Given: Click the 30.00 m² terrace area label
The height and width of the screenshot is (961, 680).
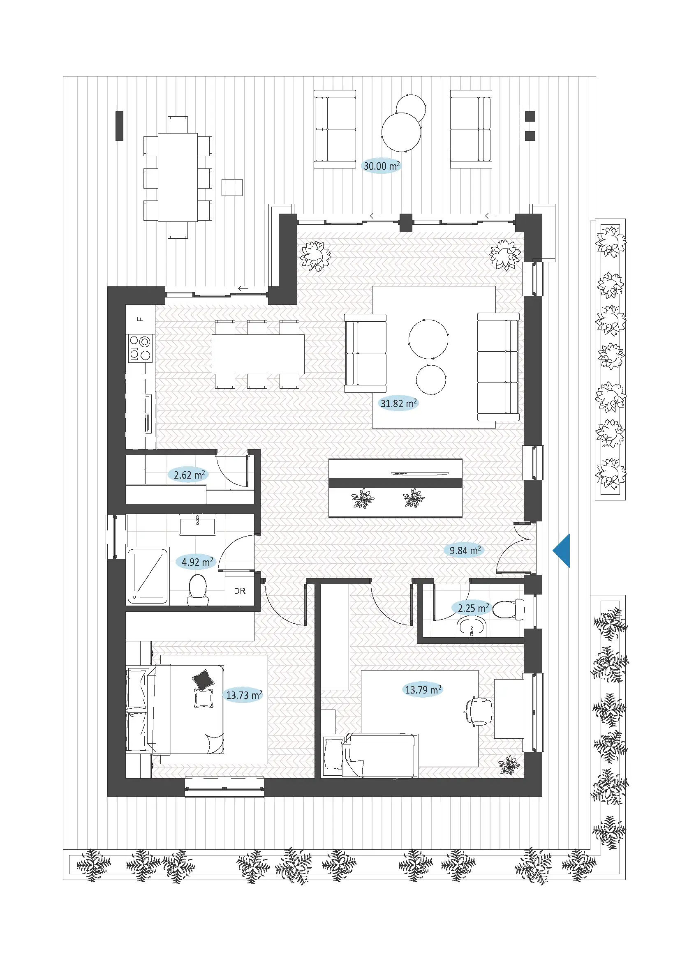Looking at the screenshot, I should (381, 166).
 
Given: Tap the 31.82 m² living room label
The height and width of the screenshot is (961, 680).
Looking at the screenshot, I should (398, 403).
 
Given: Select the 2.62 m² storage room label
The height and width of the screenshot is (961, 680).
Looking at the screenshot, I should (189, 475).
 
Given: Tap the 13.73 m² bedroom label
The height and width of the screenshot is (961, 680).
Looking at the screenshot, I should (244, 695).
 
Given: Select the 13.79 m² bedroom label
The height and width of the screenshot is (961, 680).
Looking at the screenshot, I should (423, 689).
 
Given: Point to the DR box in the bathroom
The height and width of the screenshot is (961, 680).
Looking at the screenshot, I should (240, 590).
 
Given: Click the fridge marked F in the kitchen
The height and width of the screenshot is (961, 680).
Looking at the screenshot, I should (140, 319).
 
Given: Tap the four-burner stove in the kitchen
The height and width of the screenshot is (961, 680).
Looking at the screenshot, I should (140, 348).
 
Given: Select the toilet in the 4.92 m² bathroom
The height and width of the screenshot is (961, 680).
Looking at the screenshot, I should (198, 589).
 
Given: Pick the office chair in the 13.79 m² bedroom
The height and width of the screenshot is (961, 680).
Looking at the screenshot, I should (479, 711).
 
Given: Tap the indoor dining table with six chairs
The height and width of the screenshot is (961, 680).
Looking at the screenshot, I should (258, 354).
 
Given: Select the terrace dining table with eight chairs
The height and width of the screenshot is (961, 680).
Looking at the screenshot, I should (178, 177).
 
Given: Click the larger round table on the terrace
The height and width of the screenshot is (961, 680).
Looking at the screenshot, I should (401, 132).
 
